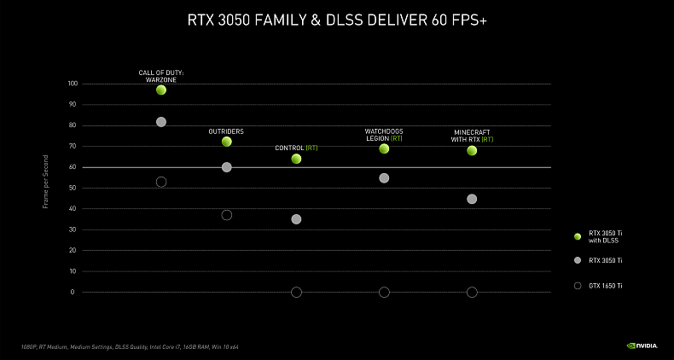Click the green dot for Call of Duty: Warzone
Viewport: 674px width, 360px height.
pos(161,90)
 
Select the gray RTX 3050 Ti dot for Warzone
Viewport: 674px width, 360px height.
pos(161,122)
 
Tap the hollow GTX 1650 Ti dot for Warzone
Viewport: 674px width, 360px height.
pos(161,182)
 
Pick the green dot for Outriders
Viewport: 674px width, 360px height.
pos(227,142)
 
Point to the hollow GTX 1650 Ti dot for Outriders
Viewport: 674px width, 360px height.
pos(227,215)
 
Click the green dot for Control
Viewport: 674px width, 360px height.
pos(296,159)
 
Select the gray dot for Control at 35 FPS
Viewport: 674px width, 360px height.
pos(296,219)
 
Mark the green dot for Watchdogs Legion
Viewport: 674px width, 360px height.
pos(384,148)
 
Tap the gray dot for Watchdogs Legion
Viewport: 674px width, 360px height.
pos(384,178)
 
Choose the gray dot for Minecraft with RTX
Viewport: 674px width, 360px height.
pos(472,199)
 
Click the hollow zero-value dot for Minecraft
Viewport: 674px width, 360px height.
pos(472,293)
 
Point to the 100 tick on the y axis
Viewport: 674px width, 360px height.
pos(72,84)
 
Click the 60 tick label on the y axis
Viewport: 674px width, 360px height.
pos(73,167)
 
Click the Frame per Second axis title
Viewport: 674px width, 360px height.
pos(46,188)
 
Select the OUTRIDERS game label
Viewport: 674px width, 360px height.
pos(227,131)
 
